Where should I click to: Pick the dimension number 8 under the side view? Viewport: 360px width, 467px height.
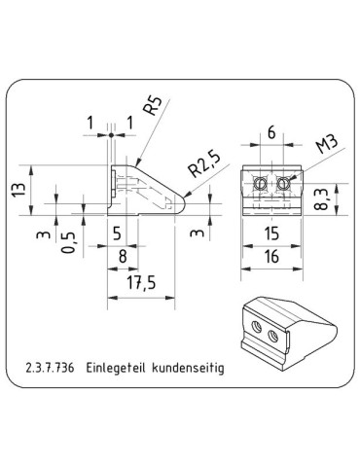121,257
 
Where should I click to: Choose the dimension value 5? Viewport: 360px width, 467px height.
117,233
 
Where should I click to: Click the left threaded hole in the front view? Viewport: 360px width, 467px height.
260,183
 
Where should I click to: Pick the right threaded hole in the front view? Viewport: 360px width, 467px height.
284,183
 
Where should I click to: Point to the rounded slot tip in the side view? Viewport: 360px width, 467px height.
179,202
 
